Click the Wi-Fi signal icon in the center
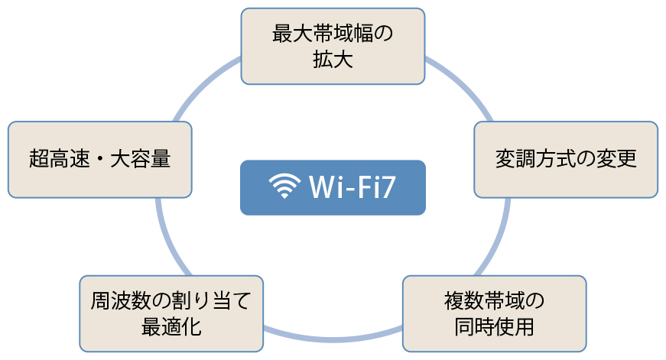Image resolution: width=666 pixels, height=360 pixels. coord(284,186)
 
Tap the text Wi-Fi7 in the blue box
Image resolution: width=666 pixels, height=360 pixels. coord(352,186)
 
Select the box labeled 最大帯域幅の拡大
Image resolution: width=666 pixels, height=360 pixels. coord(333,47)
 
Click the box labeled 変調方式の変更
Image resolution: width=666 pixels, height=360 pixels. coord(566,160)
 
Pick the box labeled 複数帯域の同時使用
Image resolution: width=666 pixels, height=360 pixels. coord(495,313)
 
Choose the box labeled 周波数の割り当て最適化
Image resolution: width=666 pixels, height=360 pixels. coord(171,313)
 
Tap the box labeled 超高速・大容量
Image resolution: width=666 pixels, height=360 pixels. coord(100,160)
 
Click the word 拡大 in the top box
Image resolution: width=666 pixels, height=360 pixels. coord(333,59)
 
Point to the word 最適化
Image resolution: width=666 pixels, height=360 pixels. coord(171,327)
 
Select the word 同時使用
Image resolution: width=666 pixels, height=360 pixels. coord(495,327)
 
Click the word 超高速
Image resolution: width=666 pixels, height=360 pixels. coord(60,159)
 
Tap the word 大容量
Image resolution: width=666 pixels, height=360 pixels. coord(141,159)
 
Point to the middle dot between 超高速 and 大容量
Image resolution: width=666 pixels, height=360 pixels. coord(100,160)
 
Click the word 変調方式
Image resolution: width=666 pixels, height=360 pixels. coord(535,159)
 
